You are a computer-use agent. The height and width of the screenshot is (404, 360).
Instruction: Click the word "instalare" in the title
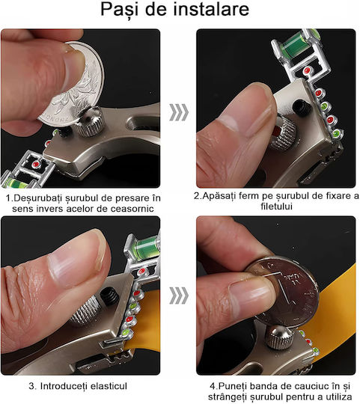(x=211, y=9)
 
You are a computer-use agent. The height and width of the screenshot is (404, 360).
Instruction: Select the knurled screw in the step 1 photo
(x=90, y=122)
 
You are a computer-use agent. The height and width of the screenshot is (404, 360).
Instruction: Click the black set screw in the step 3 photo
(x=109, y=297)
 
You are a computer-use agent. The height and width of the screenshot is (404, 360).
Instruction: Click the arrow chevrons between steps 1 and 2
(x=179, y=112)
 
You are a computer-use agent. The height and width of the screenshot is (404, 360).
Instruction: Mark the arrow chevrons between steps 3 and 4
(x=179, y=296)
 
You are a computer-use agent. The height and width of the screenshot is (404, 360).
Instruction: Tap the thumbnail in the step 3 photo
(x=77, y=257)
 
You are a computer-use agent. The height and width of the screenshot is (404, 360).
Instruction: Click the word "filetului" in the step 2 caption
(x=276, y=206)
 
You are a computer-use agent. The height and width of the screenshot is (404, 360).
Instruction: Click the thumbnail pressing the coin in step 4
(x=251, y=293)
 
